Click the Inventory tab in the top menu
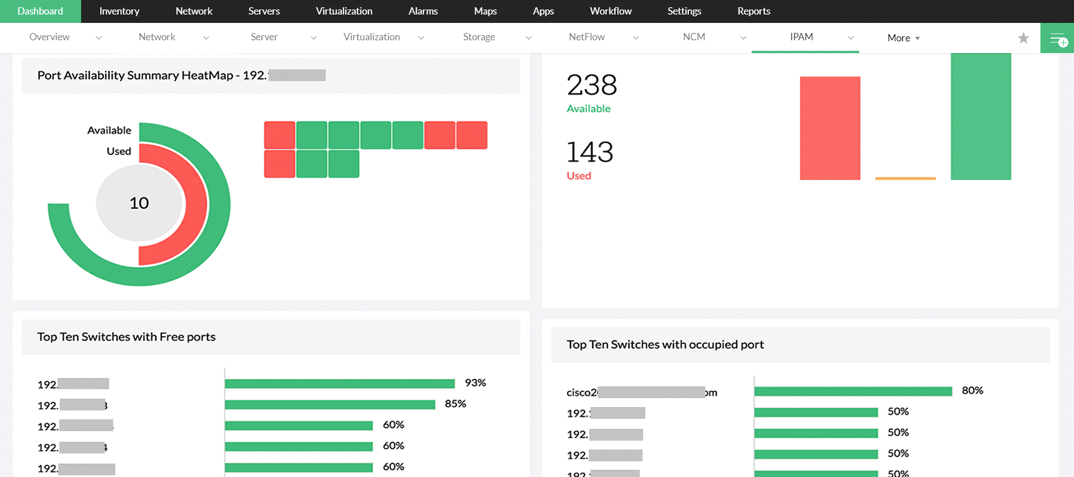(x=119, y=11)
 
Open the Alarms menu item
(x=423, y=11)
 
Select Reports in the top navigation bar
(x=753, y=11)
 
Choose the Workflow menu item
(x=611, y=11)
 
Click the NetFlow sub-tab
(x=587, y=37)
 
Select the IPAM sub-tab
(x=801, y=37)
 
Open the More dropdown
(x=903, y=38)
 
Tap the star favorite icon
(x=1023, y=38)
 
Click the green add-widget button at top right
(x=1057, y=39)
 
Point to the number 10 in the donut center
(x=139, y=203)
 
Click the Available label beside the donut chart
(x=109, y=130)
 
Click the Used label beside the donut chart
(x=119, y=152)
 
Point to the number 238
(x=592, y=86)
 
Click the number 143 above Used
(x=590, y=152)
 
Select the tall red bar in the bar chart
(x=829, y=128)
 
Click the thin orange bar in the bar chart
(x=905, y=178)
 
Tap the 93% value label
(x=475, y=383)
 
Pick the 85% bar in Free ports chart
(x=330, y=404)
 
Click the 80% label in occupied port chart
(x=972, y=391)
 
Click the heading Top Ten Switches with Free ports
(x=126, y=337)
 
